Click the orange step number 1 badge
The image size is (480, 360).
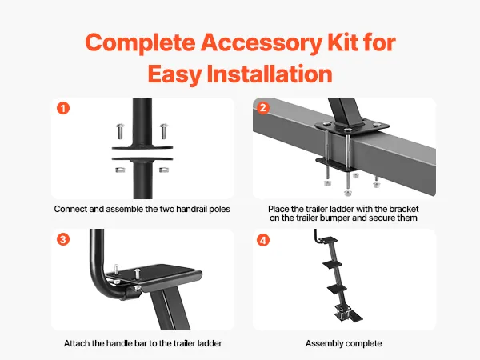pyautogui.click(x=63, y=108)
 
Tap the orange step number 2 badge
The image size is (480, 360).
pyautogui.click(x=263, y=108)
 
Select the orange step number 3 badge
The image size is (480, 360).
pyautogui.click(x=63, y=239)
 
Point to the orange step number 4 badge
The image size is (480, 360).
pyautogui.click(x=263, y=240)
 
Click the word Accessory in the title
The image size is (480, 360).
pyautogui.click(x=261, y=42)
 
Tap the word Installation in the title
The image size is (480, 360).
pyautogui.click(x=270, y=74)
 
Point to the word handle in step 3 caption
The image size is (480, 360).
pyautogui.click(x=134, y=343)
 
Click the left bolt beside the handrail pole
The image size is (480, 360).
pyautogui.click(x=120, y=131)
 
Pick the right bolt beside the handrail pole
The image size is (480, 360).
pyautogui.click(x=164, y=131)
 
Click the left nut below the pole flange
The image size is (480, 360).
pyautogui.click(x=120, y=170)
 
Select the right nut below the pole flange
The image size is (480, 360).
pyautogui.click(x=164, y=170)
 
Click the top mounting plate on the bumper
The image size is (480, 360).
pyautogui.click(x=352, y=126)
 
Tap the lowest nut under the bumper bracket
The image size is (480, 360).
pyautogui.click(x=348, y=193)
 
